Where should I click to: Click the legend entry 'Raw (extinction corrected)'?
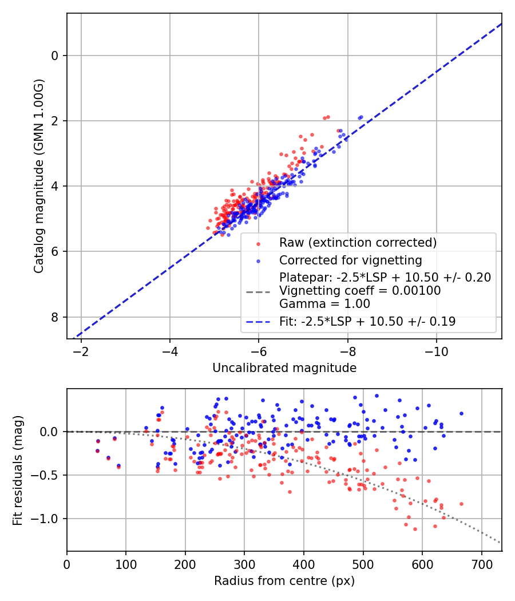[x=358, y=243]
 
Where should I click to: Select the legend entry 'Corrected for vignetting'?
[x=350, y=260]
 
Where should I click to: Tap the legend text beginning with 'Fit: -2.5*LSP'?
[x=367, y=322]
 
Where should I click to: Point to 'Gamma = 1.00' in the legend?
[x=324, y=304]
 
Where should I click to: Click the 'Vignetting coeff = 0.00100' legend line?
[x=360, y=291]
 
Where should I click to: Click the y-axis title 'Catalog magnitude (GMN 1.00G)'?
[x=38, y=176]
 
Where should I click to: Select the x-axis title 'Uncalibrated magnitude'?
[x=284, y=368]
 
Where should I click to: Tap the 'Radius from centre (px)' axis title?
[x=284, y=581]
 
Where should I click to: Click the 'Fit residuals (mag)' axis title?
[x=17, y=470]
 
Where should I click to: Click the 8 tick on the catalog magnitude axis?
[x=56, y=317]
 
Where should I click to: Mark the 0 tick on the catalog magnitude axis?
[x=56, y=56]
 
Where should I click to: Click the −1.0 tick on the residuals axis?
[x=47, y=519]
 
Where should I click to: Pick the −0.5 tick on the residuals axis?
[x=47, y=475]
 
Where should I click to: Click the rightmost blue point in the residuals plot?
[x=461, y=413]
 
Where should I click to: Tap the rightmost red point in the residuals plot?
[x=461, y=504]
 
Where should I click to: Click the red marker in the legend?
[x=258, y=243]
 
